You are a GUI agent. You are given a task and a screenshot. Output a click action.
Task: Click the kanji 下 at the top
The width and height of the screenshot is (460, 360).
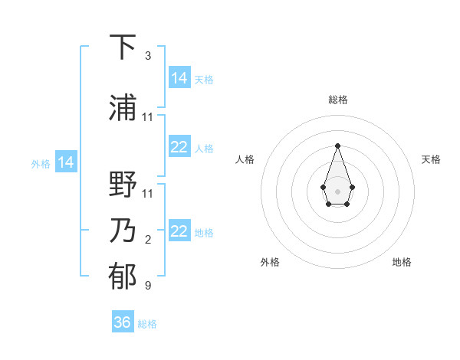[x=123, y=47]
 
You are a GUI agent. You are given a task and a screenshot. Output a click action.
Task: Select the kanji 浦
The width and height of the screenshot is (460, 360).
[x=123, y=107]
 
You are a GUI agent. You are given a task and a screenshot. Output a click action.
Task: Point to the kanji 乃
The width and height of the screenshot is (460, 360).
[x=123, y=231]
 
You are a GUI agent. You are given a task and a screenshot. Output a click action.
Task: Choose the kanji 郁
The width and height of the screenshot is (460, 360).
[x=123, y=277]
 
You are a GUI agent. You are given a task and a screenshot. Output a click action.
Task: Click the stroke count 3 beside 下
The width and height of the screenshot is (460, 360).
[x=147, y=56]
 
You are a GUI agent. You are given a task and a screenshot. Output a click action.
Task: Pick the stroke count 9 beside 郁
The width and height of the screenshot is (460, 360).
[x=147, y=286]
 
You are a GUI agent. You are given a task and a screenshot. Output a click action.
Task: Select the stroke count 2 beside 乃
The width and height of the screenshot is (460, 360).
[x=147, y=240]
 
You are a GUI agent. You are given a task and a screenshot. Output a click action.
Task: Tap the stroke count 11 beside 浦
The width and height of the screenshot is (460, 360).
[x=148, y=117]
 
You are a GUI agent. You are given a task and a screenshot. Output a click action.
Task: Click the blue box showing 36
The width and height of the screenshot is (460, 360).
[x=123, y=322]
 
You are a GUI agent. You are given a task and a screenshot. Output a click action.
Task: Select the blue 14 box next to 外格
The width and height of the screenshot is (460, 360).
[x=65, y=162]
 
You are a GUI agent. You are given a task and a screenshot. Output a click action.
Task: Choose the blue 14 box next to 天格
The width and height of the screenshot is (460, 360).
[x=179, y=78]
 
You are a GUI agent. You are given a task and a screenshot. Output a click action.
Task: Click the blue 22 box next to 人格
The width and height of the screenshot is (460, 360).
[x=179, y=148]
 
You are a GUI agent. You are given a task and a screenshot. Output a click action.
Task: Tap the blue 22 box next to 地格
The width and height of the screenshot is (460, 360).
[x=179, y=231]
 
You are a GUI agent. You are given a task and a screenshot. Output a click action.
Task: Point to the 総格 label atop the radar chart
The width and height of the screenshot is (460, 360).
[x=338, y=100]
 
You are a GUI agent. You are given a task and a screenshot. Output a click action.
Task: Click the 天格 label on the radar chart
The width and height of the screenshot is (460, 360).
[x=432, y=159]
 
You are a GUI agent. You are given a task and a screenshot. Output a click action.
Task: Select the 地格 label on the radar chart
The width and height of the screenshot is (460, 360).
[x=402, y=263]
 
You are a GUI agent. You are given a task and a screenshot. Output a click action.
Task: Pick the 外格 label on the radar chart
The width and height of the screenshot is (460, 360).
[x=270, y=263]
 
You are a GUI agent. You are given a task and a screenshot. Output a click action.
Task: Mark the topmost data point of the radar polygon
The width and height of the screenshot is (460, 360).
[x=337, y=145]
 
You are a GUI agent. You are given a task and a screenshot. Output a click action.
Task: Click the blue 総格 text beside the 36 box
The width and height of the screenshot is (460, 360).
[x=147, y=324]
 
